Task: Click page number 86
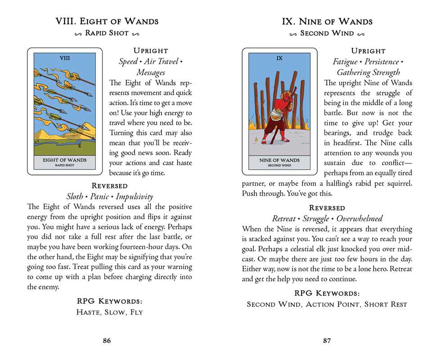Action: [107, 341]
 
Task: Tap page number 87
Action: [327, 341]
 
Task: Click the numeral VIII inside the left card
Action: [64, 58]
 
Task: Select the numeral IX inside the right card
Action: [279, 58]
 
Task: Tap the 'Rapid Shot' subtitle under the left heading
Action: [107, 33]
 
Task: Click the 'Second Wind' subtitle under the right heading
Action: [327, 33]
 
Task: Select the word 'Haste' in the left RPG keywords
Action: [88, 312]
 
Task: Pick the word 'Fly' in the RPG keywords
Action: [136, 312]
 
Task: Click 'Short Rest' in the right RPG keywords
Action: [386, 305]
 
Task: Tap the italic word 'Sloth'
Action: [75, 196]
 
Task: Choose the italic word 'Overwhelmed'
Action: [359, 218]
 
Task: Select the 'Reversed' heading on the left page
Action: [109, 185]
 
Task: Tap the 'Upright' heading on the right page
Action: [368, 50]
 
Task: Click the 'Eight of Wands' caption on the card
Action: [64, 160]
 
